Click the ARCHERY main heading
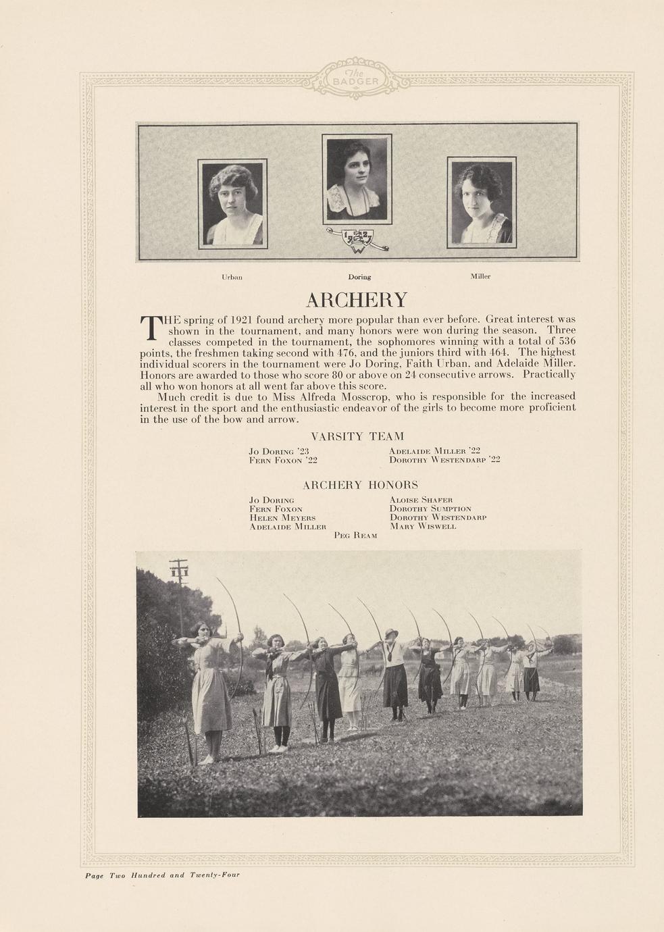(x=357, y=300)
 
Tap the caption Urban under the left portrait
(x=232, y=277)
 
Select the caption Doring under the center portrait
(x=359, y=277)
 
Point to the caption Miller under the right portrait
(x=480, y=276)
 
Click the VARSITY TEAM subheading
(x=357, y=436)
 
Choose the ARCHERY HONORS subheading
(x=360, y=485)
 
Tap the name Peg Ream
(x=355, y=535)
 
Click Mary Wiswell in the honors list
(x=423, y=526)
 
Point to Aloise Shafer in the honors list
(x=421, y=500)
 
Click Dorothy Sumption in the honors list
(x=430, y=509)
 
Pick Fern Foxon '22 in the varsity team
(x=283, y=460)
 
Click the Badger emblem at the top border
(x=356, y=78)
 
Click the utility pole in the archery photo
(x=179, y=588)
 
